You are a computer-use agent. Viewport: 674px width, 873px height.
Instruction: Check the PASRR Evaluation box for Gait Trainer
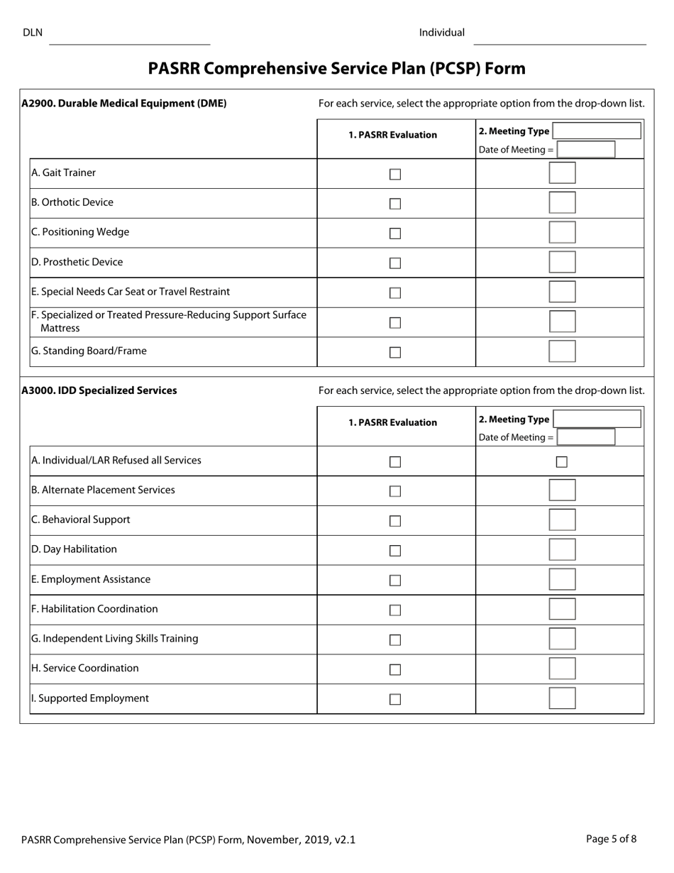point(395,174)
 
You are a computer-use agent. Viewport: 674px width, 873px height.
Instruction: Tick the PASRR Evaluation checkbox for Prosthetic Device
point(395,263)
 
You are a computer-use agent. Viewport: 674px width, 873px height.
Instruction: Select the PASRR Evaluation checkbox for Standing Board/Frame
point(395,353)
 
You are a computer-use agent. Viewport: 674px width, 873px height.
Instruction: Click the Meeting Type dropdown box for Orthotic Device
point(562,203)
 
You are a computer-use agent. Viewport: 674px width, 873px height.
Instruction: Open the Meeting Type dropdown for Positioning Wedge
point(562,233)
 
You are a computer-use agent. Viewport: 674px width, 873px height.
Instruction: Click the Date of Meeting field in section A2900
point(586,150)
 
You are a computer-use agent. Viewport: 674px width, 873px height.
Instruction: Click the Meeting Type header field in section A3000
point(597,419)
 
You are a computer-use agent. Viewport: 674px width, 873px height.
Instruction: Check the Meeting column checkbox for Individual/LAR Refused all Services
point(562,462)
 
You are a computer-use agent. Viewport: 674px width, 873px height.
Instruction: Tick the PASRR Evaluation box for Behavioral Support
point(395,521)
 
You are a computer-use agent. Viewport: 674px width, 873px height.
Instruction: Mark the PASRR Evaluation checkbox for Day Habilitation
point(395,551)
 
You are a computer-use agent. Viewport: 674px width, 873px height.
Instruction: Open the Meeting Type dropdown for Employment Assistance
point(562,580)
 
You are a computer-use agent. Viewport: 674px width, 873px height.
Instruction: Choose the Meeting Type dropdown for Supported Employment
point(562,698)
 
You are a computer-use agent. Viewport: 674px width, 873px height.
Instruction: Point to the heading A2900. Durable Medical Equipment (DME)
point(124,104)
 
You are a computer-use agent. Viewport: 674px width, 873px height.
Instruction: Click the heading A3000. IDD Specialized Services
point(99,390)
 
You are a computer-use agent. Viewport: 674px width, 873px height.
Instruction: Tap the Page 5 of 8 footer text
point(611,839)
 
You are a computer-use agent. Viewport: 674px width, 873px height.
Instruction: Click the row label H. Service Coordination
point(85,669)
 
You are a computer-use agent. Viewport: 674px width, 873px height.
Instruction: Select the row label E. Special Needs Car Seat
point(131,292)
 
